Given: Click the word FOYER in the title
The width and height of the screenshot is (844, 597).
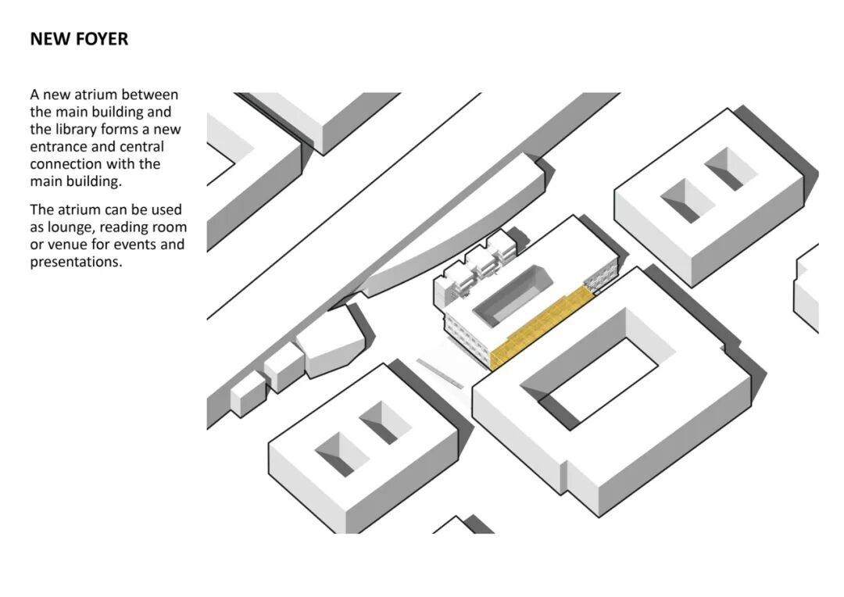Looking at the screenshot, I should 102,39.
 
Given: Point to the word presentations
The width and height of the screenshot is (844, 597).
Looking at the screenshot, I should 76,262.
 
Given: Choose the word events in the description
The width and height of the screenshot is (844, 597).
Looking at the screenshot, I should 136,245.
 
